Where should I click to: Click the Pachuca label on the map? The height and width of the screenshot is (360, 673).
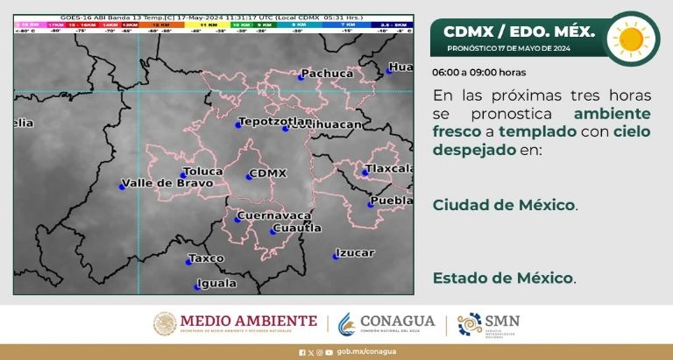coord(327,74)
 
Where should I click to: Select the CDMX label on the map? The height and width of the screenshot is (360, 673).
coord(268,173)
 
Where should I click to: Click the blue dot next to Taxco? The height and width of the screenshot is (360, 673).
coord(189,261)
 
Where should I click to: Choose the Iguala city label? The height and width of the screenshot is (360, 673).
coord(217,283)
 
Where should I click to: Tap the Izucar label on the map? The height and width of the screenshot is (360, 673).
coord(355,253)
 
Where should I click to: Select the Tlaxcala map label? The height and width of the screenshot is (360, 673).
coord(391,167)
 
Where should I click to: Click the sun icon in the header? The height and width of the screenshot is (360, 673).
coord(629,38)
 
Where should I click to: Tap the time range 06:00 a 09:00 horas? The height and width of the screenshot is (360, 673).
coord(478,72)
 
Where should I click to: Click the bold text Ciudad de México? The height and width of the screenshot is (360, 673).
coord(504,205)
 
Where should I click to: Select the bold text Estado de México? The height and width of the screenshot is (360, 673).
coord(503,279)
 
